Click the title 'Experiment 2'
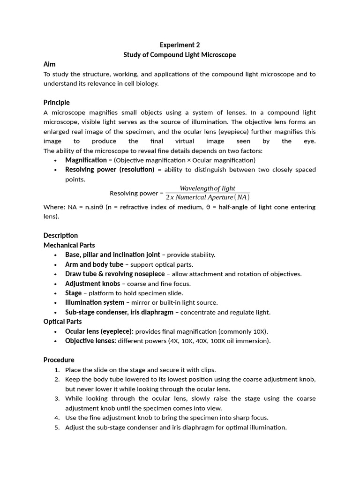[x=180, y=45]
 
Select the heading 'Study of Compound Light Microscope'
[x=180, y=55]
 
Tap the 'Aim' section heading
[x=49, y=64]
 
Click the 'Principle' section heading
[x=56, y=103]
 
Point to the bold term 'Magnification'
[x=86, y=160]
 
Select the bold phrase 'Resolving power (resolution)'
[x=110, y=170]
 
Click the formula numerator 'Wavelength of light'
[x=207, y=188]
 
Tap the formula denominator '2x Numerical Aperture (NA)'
[x=207, y=197]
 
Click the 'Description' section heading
[x=60, y=235]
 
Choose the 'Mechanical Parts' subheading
[x=69, y=245]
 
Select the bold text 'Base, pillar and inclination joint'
[x=112, y=255]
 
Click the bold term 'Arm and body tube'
[x=94, y=264]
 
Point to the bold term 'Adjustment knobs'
[x=92, y=284]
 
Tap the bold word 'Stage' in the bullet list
[x=73, y=293]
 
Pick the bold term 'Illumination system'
[x=95, y=303]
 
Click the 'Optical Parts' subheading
[x=62, y=322]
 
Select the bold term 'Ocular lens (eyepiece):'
[x=99, y=331]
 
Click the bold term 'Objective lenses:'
[x=90, y=341]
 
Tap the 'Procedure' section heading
[x=59, y=360]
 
